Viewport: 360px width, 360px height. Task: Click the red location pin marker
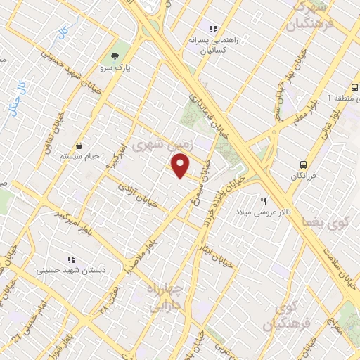click(x=181, y=165)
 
